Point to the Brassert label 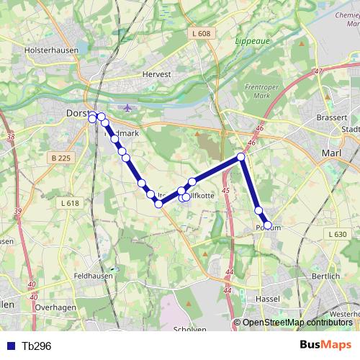pos(333,117)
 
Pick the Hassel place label pos(268,298)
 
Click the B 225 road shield pos(63,157)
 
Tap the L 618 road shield pos(70,204)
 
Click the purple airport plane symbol pos(128,109)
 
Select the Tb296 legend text pos(37,346)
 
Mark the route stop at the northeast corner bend pos(242,157)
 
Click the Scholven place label pos(190,330)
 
